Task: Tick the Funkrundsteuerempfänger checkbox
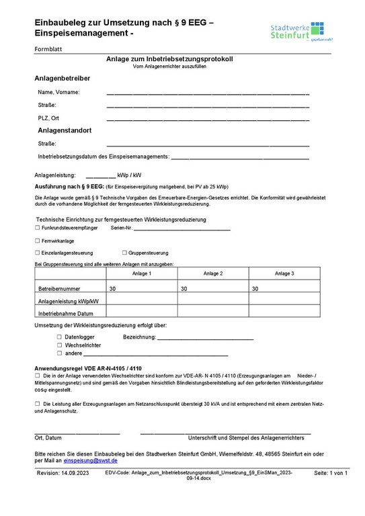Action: tap(37, 228)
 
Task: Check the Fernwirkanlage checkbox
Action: tap(37, 240)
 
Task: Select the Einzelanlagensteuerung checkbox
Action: tap(37, 252)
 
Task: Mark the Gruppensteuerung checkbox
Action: tap(124, 252)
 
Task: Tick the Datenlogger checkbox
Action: tap(59, 336)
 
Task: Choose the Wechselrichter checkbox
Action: tap(59, 344)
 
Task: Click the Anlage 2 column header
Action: tap(212, 273)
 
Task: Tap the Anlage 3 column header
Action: tap(284, 273)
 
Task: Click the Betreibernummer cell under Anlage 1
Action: tap(141, 288)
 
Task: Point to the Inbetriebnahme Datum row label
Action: tap(66, 313)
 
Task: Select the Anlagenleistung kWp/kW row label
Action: tap(69, 301)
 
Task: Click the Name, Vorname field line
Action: tap(208, 93)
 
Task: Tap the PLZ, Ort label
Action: tap(48, 118)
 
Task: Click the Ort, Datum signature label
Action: tap(48, 437)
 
